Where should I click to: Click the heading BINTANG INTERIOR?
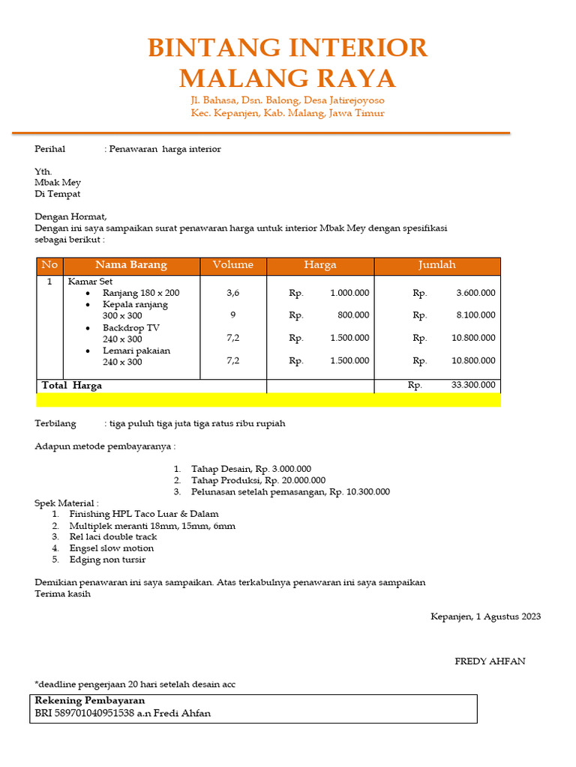[x=287, y=48]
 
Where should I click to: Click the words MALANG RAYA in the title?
[x=287, y=78]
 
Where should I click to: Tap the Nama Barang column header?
[x=131, y=265]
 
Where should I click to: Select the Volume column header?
[x=233, y=265]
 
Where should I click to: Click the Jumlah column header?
[x=436, y=265]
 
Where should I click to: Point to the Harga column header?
[x=320, y=265]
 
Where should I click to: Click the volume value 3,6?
[x=233, y=293]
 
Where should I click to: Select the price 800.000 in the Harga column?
[x=352, y=315]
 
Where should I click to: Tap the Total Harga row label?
[x=72, y=386]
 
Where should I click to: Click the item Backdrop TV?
[x=131, y=328]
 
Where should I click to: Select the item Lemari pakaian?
[x=136, y=351]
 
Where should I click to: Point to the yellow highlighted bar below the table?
[x=268, y=400]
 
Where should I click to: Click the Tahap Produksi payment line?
[x=258, y=480]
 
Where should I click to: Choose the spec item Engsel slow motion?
[x=111, y=548]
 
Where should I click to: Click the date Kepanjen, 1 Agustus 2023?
[x=485, y=617]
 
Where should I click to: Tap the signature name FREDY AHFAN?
[x=490, y=661]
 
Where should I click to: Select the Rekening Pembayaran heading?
[x=90, y=701]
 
